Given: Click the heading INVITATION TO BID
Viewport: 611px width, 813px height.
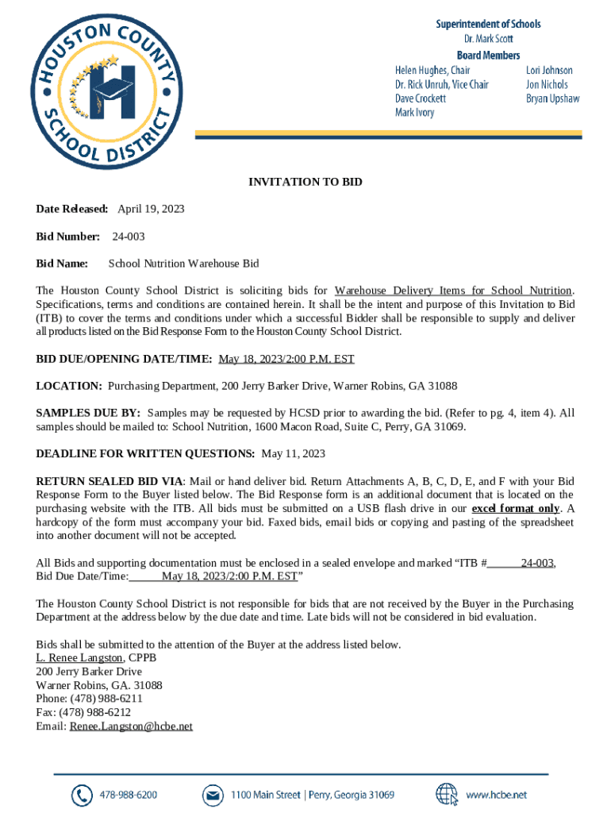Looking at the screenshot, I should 305,183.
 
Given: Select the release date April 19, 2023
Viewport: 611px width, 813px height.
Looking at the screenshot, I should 151,209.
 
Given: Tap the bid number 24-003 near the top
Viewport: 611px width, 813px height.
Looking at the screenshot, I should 128,237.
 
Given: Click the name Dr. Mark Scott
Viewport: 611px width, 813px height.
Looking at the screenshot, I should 488,39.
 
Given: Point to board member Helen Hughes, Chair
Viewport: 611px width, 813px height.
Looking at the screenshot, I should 432,70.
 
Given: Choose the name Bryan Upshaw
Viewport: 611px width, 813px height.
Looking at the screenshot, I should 552,98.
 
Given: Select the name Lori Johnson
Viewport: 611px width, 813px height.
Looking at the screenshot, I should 549,70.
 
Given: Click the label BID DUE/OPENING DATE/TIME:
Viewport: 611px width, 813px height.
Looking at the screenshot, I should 124,359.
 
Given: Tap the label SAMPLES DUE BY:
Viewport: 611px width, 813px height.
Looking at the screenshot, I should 88,413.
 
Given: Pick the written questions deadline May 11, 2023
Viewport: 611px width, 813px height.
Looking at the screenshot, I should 294,454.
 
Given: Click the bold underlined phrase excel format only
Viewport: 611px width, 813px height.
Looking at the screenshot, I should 516,508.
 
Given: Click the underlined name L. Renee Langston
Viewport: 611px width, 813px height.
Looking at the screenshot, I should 79,657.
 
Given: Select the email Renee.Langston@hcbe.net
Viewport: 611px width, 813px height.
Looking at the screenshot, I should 131,726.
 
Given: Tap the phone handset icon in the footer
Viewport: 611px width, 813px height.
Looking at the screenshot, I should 82,795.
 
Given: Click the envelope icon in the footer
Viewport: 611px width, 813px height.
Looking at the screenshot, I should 212,795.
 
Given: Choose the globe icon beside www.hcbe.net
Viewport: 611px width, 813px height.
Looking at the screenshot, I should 447,795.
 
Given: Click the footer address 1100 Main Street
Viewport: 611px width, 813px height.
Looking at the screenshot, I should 266,795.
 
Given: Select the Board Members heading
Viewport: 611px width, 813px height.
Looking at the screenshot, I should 488,55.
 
